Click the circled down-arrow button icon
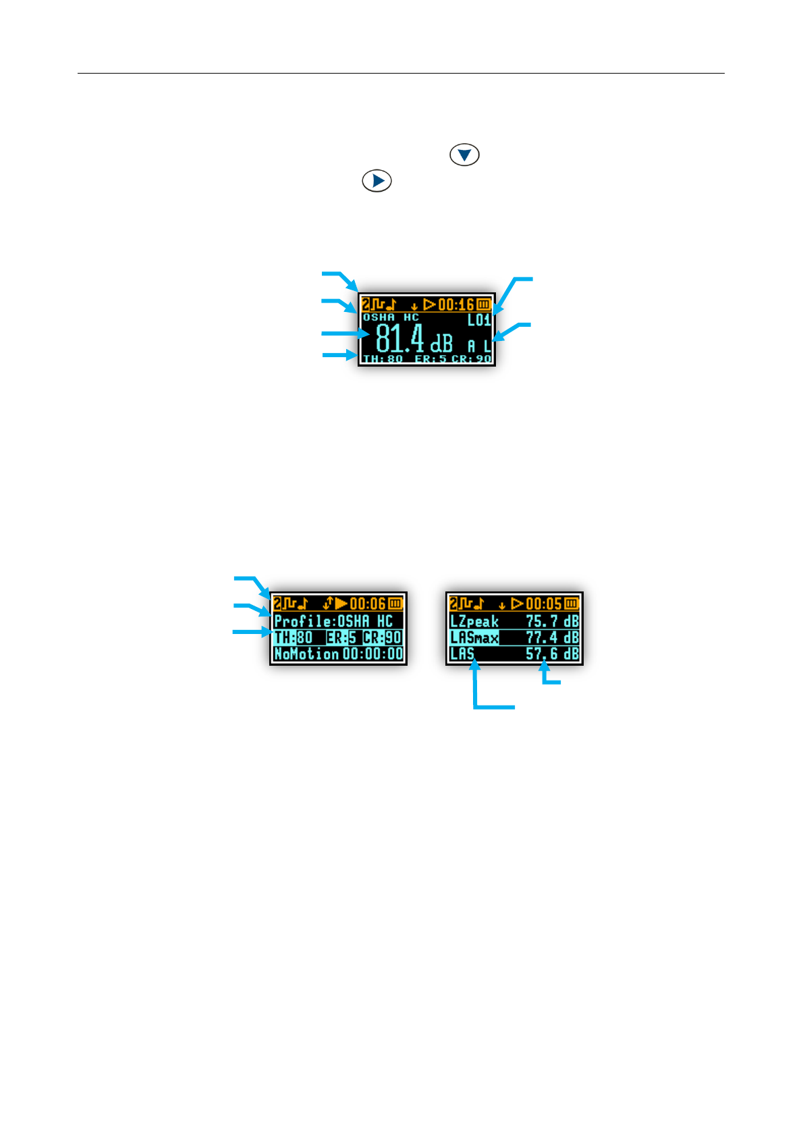coord(464,155)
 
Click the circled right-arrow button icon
coord(377,181)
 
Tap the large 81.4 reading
coord(399,338)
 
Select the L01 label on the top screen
coord(479,320)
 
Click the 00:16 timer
coord(457,305)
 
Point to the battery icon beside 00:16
coord(484,305)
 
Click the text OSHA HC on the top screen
coord(391,317)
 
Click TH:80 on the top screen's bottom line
coord(383,359)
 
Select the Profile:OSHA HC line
coord(333,621)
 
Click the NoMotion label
coord(306,654)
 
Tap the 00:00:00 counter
coord(372,654)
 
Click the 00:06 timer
coord(368,604)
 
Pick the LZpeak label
coord(474,621)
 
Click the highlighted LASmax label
coord(474,637)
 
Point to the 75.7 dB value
coord(552,621)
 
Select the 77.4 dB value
coord(552,637)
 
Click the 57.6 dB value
coord(552,654)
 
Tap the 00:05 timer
coord(544,604)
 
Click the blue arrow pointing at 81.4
coord(344,334)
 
